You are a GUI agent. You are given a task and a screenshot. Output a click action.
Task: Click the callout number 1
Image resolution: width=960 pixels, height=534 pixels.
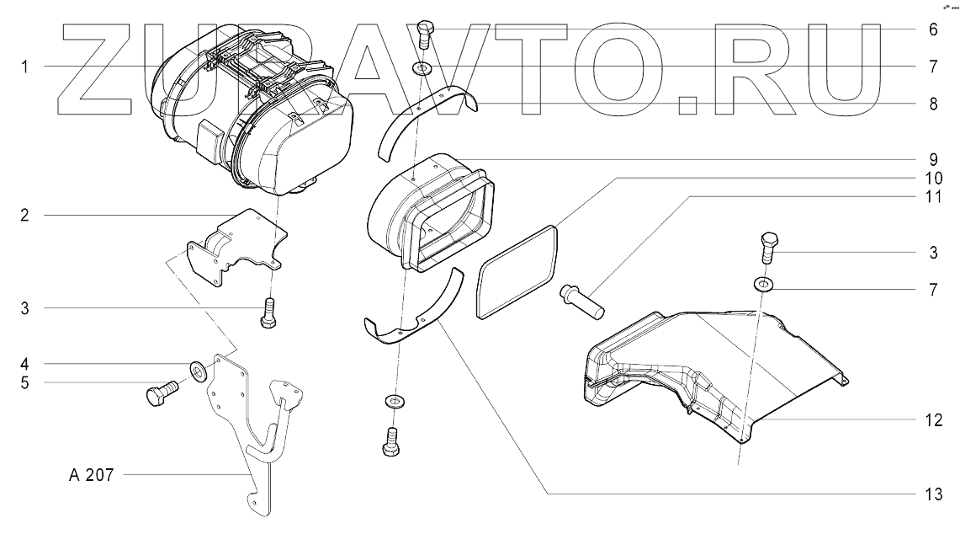25,66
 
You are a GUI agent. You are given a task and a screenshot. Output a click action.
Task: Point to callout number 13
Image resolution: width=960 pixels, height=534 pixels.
932,493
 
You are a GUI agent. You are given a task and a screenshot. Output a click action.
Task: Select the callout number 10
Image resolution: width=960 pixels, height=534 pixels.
932,178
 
